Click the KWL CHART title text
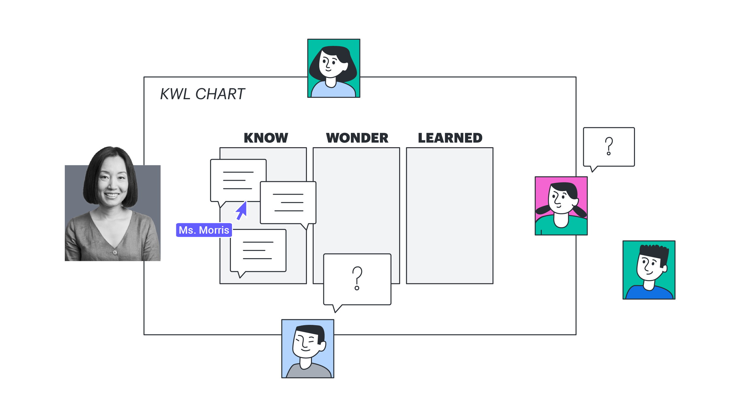click(x=202, y=94)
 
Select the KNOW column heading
click(x=266, y=138)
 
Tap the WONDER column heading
click(x=357, y=138)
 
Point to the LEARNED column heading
click(x=450, y=138)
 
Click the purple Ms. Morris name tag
click(x=204, y=230)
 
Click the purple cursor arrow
click(x=242, y=210)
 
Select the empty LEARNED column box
click(x=449, y=216)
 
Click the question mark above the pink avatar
click(x=609, y=146)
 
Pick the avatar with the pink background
click(x=561, y=206)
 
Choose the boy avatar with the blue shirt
click(x=649, y=270)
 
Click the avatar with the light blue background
click(x=308, y=349)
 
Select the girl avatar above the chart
click(x=334, y=68)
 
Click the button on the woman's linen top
click(x=115, y=252)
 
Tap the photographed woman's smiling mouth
click(x=112, y=195)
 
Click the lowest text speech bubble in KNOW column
click(x=258, y=251)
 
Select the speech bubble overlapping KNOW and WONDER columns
click(x=288, y=203)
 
